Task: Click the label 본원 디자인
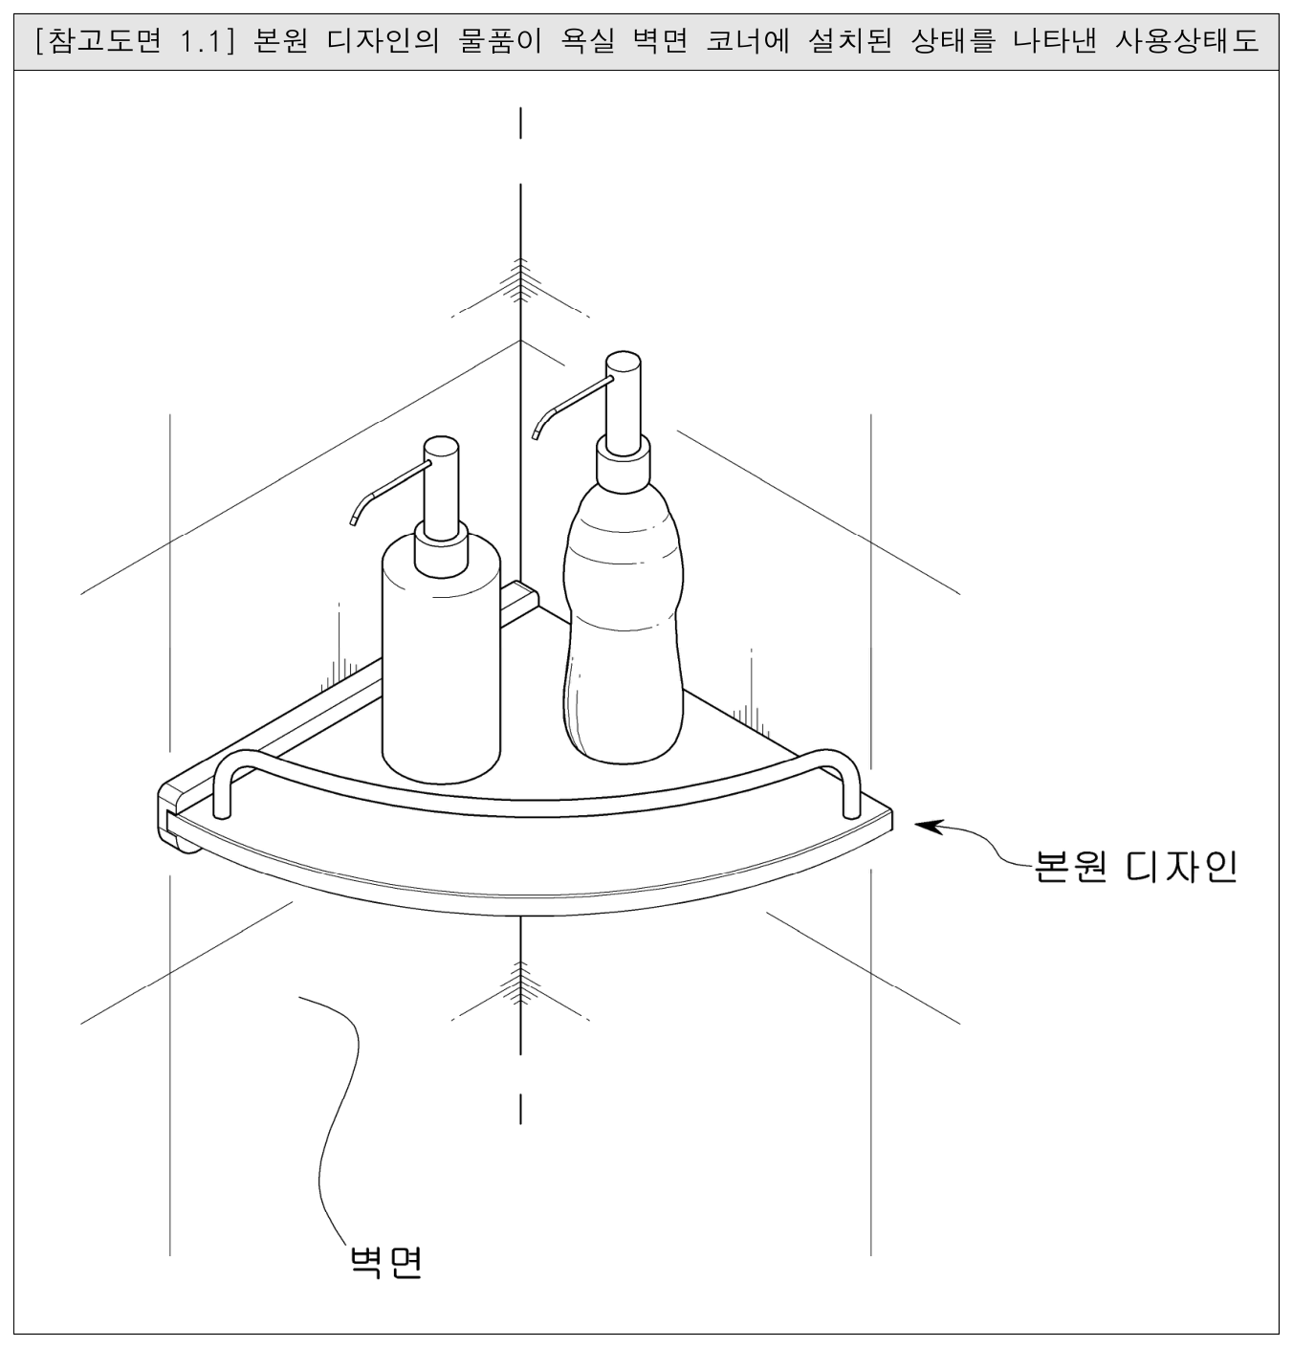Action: (1135, 867)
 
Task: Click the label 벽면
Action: (385, 1262)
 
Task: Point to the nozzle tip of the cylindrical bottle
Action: (354, 521)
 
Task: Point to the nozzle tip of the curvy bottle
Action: (535, 435)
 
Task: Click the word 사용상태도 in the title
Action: (1187, 41)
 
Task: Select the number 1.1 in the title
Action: (201, 42)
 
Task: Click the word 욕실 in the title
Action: (587, 41)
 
